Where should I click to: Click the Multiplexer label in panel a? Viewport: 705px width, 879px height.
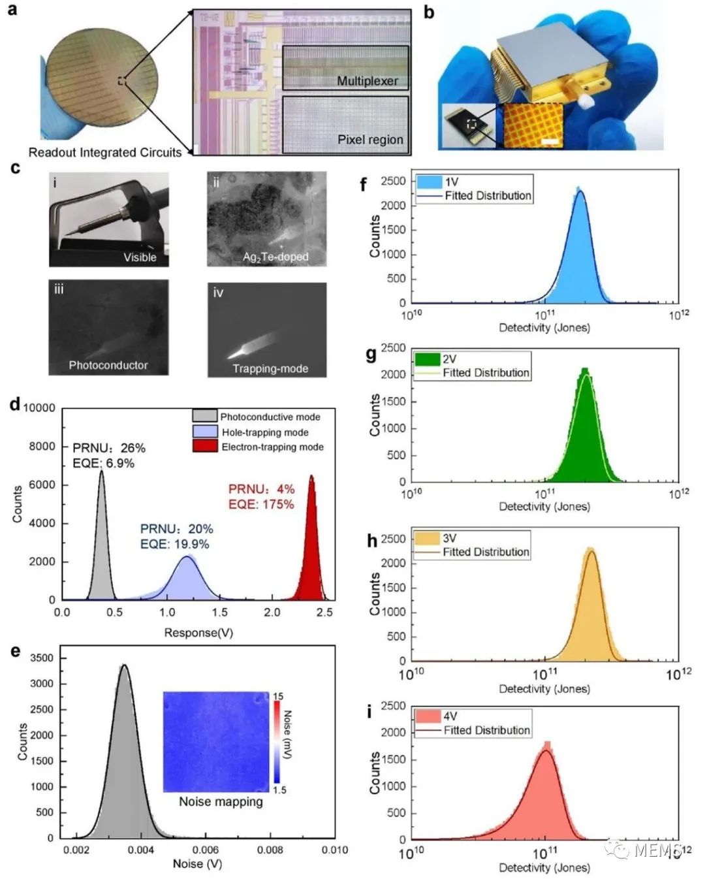tap(367, 81)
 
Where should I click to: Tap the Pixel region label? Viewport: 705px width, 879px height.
tap(370, 139)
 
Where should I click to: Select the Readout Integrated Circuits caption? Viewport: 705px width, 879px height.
tap(105, 153)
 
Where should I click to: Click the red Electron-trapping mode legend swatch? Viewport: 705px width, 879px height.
tap(205, 447)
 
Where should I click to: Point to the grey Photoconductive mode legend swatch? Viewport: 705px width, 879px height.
tap(205, 417)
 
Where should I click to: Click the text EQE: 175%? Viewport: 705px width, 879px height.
tap(261, 504)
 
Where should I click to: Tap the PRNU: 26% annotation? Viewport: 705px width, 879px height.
tap(109, 448)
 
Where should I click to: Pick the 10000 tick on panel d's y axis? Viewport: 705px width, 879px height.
tap(40, 408)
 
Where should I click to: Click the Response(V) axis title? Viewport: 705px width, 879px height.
tap(198, 632)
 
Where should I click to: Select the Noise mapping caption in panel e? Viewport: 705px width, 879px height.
tap(221, 801)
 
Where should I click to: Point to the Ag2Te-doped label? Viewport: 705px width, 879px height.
tap(275, 257)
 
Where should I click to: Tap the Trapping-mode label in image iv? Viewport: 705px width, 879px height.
tap(270, 368)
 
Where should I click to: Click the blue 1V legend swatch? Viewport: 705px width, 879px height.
tap(428, 182)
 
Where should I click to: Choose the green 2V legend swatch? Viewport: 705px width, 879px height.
tap(427, 359)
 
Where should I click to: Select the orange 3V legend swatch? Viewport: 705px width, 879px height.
tap(427, 538)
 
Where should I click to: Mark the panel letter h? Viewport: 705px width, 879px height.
tap(372, 541)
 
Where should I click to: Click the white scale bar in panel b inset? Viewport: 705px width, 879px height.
tap(551, 140)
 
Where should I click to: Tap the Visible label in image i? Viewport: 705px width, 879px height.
tap(140, 257)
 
